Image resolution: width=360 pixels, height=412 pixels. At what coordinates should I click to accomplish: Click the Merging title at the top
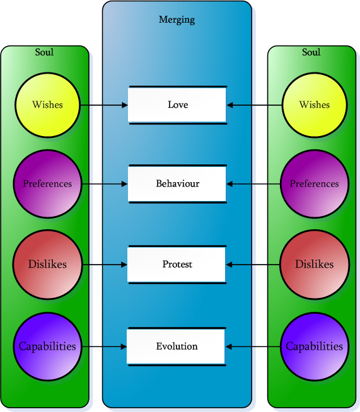[x=177, y=20]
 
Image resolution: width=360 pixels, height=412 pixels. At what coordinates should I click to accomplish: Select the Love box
[x=177, y=105]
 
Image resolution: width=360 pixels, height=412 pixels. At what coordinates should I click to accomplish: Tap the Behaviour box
[x=177, y=184]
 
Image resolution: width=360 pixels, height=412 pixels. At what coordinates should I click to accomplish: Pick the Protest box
[x=177, y=264]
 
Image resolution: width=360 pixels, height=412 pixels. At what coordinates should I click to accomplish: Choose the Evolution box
[x=177, y=346]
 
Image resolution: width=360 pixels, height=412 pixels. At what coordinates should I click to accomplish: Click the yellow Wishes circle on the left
[x=47, y=104]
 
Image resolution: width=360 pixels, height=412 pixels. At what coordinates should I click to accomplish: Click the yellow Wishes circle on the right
[x=315, y=105]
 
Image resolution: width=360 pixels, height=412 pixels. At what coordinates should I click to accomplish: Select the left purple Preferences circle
[x=47, y=184]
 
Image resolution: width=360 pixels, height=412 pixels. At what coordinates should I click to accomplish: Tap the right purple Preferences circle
[x=315, y=184]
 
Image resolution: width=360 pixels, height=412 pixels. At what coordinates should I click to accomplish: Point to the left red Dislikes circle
[x=47, y=264]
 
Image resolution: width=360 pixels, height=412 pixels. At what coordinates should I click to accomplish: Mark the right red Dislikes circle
[x=315, y=264]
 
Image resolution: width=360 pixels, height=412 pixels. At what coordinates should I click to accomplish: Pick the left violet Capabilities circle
[x=47, y=346]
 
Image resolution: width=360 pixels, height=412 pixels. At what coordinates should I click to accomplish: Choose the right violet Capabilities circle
[x=315, y=346]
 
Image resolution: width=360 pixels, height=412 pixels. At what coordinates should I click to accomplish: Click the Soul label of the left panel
[x=44, y=52]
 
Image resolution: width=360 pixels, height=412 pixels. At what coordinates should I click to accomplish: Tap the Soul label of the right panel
[x=311, y=52]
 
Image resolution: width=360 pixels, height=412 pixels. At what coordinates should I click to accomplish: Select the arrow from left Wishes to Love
[x=105, y=105]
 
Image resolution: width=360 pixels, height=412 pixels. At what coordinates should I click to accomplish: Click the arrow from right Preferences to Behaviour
[x=253, y=184]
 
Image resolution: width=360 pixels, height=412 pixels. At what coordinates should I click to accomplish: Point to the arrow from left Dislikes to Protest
[x=105, y=264]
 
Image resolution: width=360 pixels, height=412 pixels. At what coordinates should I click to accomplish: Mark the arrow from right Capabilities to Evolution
[x=253, y=346]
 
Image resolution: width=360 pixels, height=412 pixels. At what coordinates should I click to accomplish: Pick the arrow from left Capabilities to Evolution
[x=105, y=346]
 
